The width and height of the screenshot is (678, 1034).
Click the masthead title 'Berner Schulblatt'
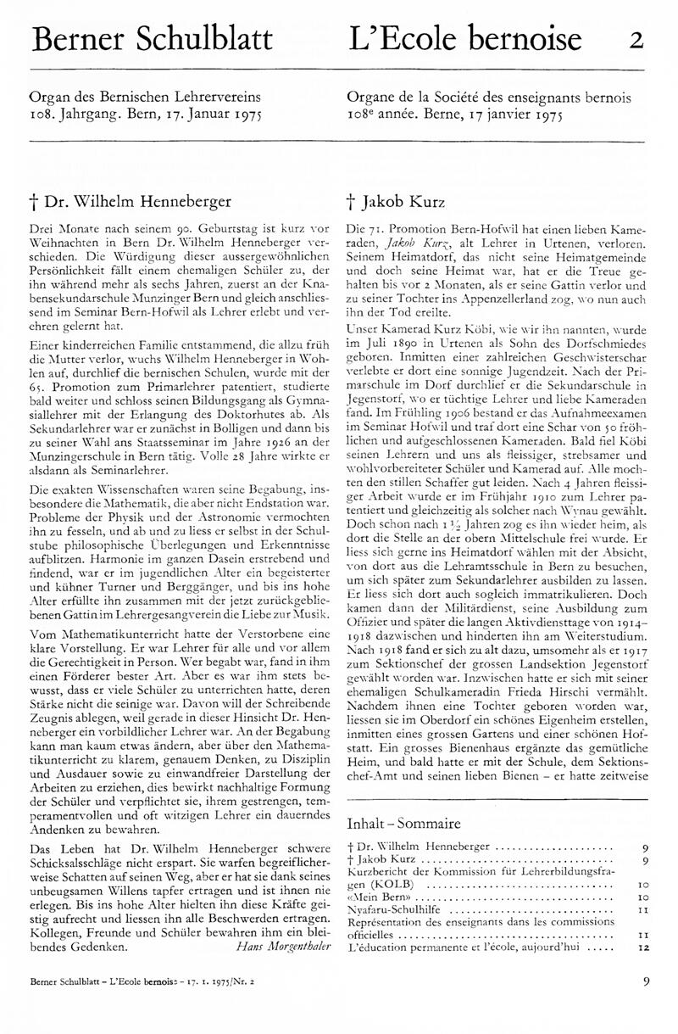pyautogui.click(x=152, y=40)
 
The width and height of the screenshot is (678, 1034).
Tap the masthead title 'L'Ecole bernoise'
pyautogui.click(x=465, y=40)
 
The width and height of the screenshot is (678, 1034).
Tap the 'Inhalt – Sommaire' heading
pyautogui.click(x=404, y=823)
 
